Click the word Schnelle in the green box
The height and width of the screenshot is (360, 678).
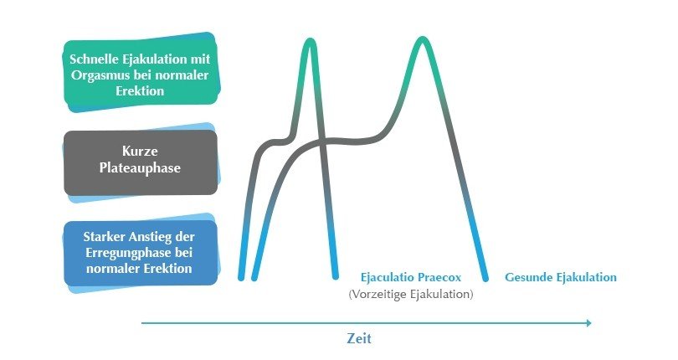(90, 59)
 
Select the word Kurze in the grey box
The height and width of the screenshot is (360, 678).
(140, 151)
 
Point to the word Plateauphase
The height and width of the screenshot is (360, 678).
(140, 168)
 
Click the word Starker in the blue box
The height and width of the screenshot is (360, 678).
(102, 237)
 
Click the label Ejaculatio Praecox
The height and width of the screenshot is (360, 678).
(411, 277)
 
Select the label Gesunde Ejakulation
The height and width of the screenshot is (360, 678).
(560, 277)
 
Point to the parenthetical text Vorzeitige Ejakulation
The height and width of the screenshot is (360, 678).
(411, 295)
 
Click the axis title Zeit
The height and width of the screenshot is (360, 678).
(359, 338)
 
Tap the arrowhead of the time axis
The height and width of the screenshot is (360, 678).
(588, 323)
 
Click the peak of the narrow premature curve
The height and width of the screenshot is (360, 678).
(310, 40)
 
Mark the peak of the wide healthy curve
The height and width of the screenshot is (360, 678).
(423, 40)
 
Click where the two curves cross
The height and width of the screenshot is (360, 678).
(321, 141)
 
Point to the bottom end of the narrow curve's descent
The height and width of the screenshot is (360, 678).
(335, 276)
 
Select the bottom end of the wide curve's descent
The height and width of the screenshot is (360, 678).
(485, 278)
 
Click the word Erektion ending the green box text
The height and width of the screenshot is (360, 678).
(140, 91)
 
